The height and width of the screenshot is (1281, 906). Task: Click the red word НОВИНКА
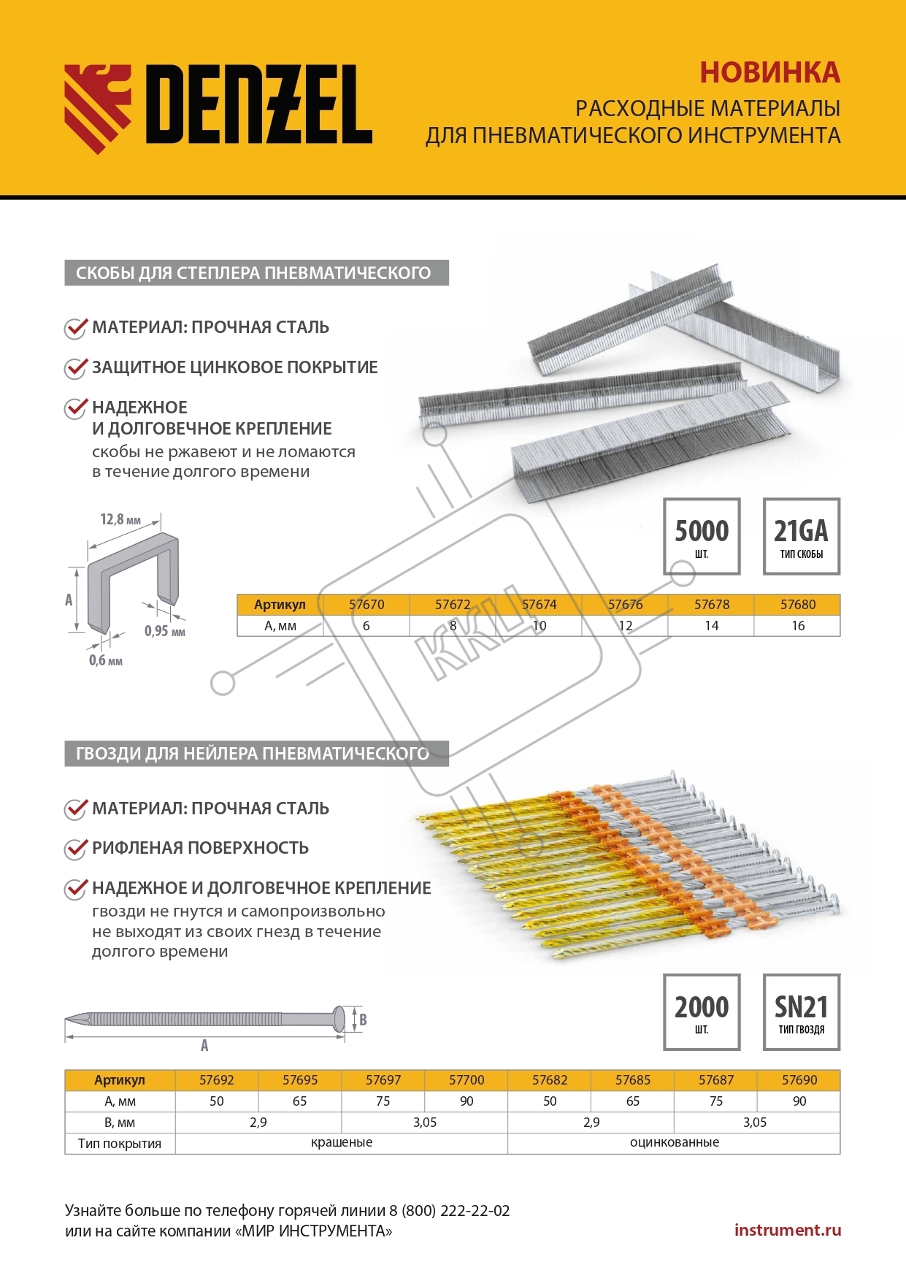point(769,73)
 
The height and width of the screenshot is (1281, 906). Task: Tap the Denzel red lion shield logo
point(98,108)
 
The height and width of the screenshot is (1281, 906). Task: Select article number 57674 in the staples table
point(539,605)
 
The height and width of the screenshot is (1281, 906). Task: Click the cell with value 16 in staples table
point(798,626)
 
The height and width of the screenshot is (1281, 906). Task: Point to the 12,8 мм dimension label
point(120,520)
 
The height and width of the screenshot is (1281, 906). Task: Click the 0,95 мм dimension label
point(164,631)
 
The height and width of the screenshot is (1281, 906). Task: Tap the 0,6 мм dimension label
point(106,661)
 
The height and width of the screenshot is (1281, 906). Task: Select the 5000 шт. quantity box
point(702,537)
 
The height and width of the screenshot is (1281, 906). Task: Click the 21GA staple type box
point(801,537)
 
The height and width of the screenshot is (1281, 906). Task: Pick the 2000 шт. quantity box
point(702,1012)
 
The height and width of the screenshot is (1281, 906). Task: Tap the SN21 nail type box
point(801,1012)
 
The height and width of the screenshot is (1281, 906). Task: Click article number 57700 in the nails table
point(467,1080)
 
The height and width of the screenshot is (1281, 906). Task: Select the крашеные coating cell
point(342,1143)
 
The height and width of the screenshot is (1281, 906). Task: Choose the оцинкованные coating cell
point(674,1143)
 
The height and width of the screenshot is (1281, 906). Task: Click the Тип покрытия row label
point(120,1144)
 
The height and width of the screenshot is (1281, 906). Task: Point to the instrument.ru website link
point(788,1230)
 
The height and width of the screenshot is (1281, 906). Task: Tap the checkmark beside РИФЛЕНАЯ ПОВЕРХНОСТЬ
point(75,849)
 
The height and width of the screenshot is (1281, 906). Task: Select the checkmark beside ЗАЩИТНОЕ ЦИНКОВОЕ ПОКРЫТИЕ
point(75,368)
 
